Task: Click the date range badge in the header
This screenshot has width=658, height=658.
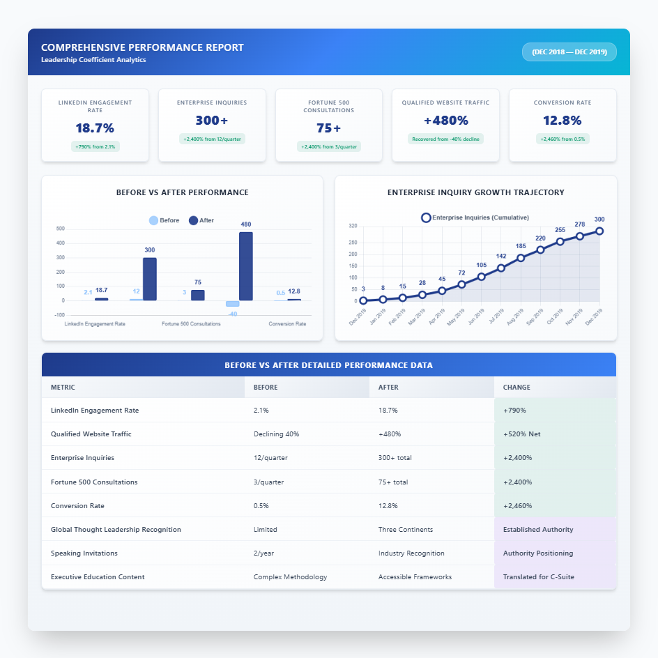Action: pos(569,52)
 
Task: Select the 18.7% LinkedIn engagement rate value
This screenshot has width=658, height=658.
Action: pos(95,128)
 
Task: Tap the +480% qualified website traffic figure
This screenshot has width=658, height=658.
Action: pos(445,121)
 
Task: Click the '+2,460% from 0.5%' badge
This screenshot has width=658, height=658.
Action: pos(563,139)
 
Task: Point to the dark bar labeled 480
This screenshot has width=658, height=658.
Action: pos(245,266)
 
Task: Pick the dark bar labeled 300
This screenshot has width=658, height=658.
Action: pos(150,279)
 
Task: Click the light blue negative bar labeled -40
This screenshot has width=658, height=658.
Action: pos(232,304)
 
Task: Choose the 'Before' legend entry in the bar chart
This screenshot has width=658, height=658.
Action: pos(164,220)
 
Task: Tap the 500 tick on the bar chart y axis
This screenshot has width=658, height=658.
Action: pos(60,229)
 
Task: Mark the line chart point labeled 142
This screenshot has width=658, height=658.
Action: pos(501,268)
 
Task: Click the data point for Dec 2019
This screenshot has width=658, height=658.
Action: pos(599,231)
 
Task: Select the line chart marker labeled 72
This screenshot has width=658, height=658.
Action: pos(461,284)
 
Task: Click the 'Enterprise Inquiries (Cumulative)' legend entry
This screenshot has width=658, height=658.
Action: pos(475,217)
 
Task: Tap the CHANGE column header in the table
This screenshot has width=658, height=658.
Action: pos(517,387)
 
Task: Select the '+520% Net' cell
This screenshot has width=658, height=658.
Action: pos(521,434)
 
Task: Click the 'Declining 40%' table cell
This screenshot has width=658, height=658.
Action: pos(276,434)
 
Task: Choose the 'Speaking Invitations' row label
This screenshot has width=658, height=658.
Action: pos(84,553)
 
